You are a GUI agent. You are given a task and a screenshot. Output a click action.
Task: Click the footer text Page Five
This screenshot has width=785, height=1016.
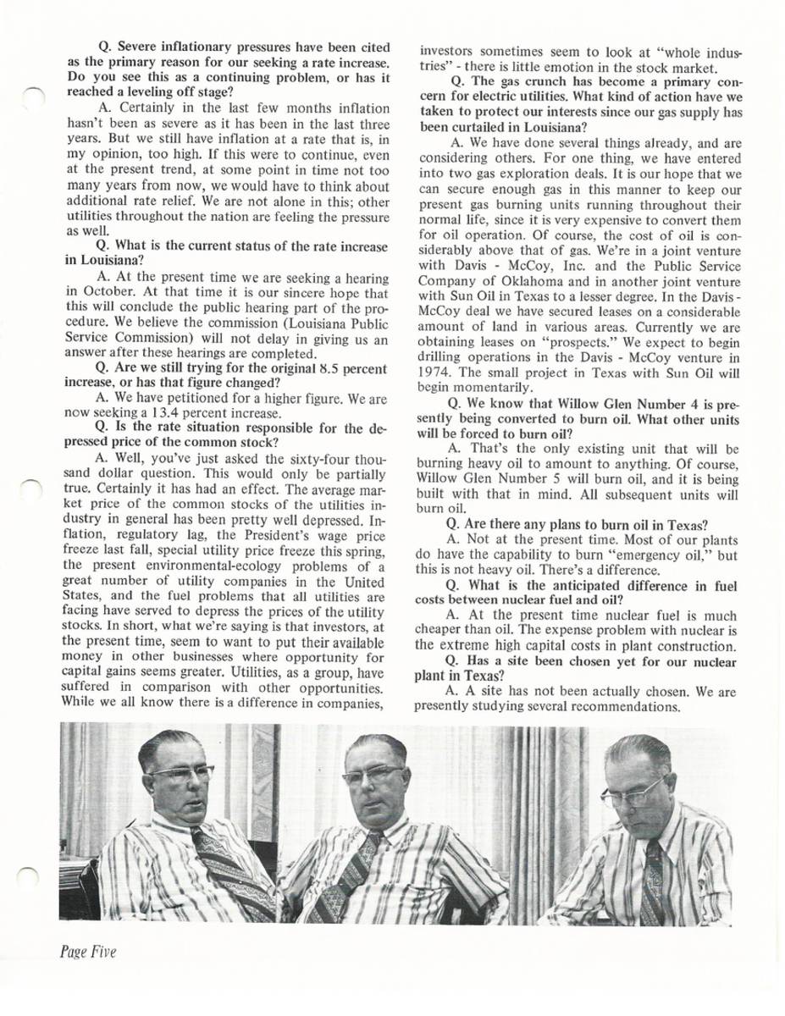pyautogui.click(x=87, y=952)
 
